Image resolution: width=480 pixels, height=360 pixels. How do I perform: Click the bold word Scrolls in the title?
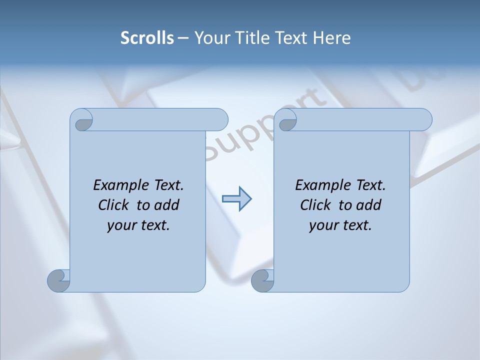[147, 38]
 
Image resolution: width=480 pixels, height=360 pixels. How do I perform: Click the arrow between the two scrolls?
[236, 199]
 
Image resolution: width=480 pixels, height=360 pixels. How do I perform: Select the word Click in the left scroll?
[113, 205]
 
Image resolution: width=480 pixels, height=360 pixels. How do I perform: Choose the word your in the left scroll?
[120, 225]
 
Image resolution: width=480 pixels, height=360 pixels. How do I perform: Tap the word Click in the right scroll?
[315, 205]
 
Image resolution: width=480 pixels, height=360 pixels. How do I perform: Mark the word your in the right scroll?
[322, 225]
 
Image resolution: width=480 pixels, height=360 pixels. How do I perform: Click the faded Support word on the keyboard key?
[260, 127]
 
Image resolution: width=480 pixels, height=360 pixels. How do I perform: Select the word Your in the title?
[209, 38]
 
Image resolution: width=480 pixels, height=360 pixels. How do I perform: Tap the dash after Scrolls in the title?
[183, 38]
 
